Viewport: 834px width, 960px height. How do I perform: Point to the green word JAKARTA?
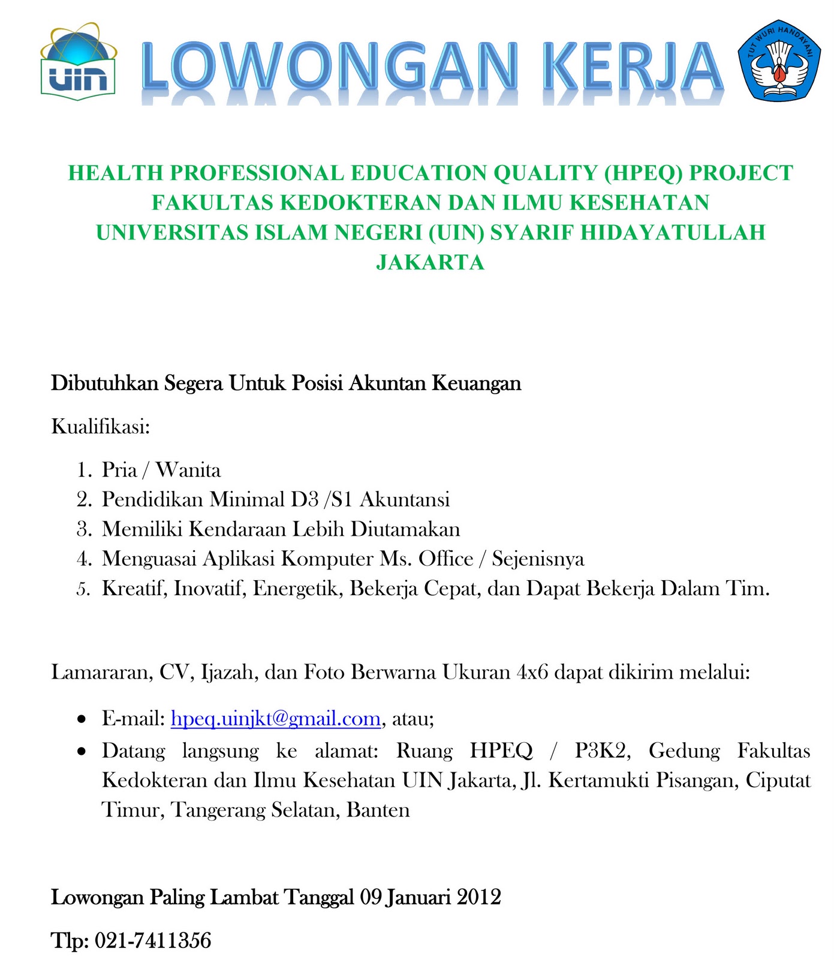[x=430, y=262]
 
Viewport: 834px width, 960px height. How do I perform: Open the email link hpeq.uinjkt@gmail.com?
[x=276, y=718]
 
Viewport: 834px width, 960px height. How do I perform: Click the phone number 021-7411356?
[x=153, y=940]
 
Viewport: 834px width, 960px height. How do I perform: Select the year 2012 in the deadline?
[x=478, y=897]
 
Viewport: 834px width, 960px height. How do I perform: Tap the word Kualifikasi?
[x=100, y=427]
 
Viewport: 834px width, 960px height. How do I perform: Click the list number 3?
[x=83, y=529]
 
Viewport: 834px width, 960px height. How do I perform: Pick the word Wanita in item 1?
[x=188, y=470]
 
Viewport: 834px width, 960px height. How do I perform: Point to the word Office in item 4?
[x=445, y=559]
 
